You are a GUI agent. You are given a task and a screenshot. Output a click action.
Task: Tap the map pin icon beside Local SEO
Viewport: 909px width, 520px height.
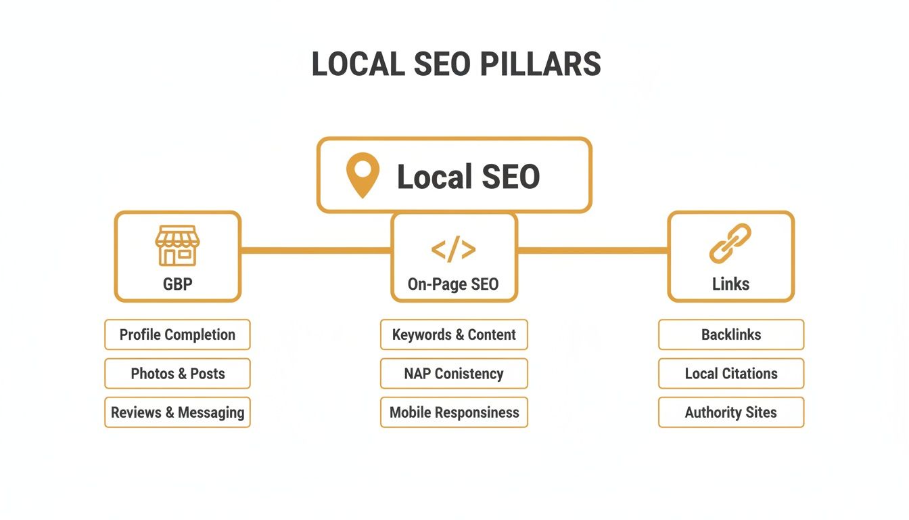pyautogui.click(x=363, y=175)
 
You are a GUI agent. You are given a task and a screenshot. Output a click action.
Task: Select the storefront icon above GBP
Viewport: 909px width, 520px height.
pyautogui.click(x=177, y=245)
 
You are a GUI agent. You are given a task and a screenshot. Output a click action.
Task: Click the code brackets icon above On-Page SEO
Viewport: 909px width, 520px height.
pyautogui.click(x=454, y=250)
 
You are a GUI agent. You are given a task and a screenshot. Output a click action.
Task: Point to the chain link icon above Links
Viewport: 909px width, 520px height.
pyautogui.click(x=730, y=244)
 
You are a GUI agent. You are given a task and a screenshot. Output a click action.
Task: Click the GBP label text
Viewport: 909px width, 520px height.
pyautogui.click(x=177, y=284)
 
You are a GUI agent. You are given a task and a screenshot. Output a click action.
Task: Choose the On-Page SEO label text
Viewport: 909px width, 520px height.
pyautogui.click(x=453, y=284)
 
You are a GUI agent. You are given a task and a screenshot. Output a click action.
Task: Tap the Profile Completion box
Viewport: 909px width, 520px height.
pyautogui.click(x=177, y=334)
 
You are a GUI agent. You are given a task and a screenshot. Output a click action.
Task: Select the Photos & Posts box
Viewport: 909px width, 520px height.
pyautogui.click(x=177, y=373)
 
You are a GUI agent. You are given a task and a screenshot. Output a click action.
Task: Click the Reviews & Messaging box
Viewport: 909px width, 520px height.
pyautogui.click(x=177, y=412)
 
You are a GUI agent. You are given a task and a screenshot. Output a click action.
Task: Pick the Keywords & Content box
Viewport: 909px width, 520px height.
pyautogui.click(x=454, y=334)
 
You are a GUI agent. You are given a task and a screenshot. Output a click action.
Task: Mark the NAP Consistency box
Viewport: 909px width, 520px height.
pyautogui.click(x=454, y=373)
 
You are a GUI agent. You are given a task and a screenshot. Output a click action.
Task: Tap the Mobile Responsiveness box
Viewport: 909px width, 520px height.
pyautogui.click(x=454, y=412)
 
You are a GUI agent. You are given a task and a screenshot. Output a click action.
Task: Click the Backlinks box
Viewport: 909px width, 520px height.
pyautogui.click(x=731, y=334)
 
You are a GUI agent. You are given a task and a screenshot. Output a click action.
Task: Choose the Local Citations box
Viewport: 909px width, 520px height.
pyautogui.click(x=731, y=373)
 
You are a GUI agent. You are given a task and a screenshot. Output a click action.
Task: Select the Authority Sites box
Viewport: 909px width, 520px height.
pyautogui.click(x=731, y=412)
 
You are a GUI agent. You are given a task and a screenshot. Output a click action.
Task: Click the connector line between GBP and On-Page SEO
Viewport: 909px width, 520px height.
pyautogui.click(x=316, y=251)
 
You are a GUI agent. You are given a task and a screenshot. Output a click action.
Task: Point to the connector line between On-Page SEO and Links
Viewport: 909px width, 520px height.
pyautogui.click(x=592, y=251)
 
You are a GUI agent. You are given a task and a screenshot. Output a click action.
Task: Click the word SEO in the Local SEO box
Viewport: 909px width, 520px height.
pyautogui.click(x=511, y=177)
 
